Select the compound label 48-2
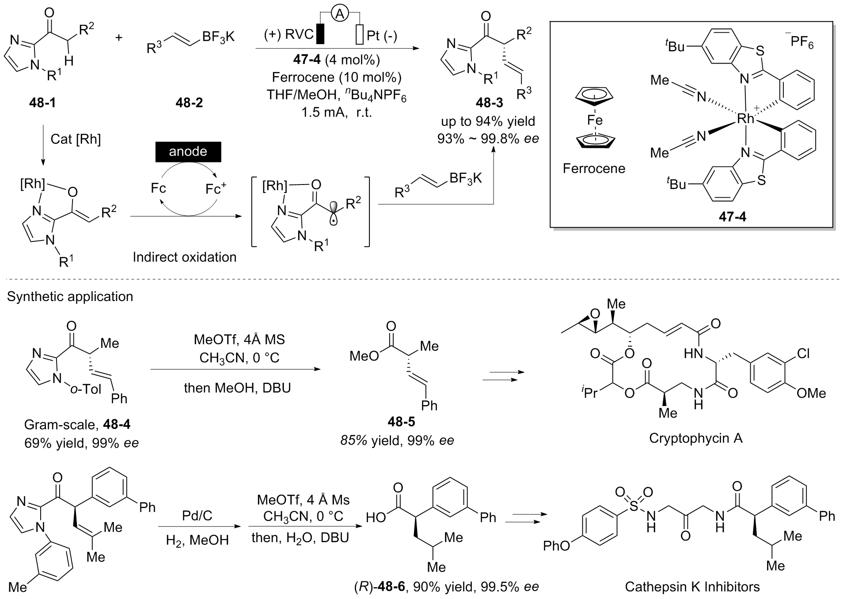(189, 103)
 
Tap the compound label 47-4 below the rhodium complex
(732, 217)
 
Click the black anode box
(188, 152)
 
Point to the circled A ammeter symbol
(339, 15)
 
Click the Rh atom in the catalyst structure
(745, 118)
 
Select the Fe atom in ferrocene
(594, 120)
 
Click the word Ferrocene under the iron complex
(594, 168)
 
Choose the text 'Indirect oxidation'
(184, 257)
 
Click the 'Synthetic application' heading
(70, 296)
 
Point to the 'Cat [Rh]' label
(76, 139)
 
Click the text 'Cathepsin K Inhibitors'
(692, 587)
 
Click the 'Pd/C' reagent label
(197, 516)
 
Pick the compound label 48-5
(401, 422)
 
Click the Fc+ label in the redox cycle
(216, 188)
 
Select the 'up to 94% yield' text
(488, 121)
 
